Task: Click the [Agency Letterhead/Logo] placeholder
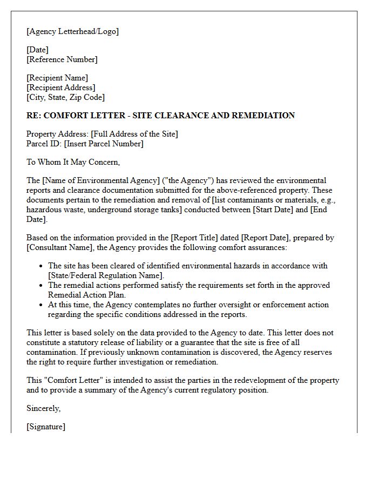point(72,31)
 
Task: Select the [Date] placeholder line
point(37,50)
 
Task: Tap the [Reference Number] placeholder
point(62,59)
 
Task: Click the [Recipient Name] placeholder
point(57,78)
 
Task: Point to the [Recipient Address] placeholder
point(61,87)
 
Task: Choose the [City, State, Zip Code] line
point(65,97)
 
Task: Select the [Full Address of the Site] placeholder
point(134,134)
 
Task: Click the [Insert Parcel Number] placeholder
point(104,144)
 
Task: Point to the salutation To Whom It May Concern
point(73,162)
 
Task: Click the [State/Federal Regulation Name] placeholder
point(106,275)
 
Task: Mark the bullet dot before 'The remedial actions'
point(42,286)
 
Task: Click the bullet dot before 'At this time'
point(42,305)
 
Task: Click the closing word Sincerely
point(44,408)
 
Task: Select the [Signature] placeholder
point(46,427)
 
